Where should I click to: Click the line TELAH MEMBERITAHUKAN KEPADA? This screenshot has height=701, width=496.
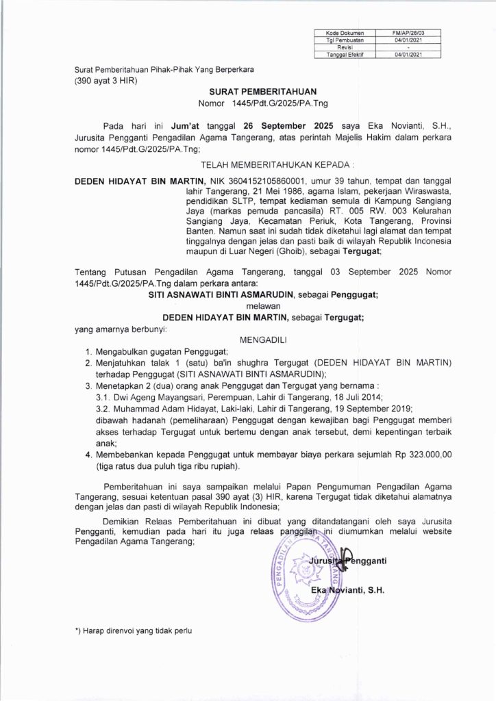tap(248, 165)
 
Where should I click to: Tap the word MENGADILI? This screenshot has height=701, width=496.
tap(248, 338)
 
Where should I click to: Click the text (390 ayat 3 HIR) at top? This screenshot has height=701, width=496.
tap(106, 81)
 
